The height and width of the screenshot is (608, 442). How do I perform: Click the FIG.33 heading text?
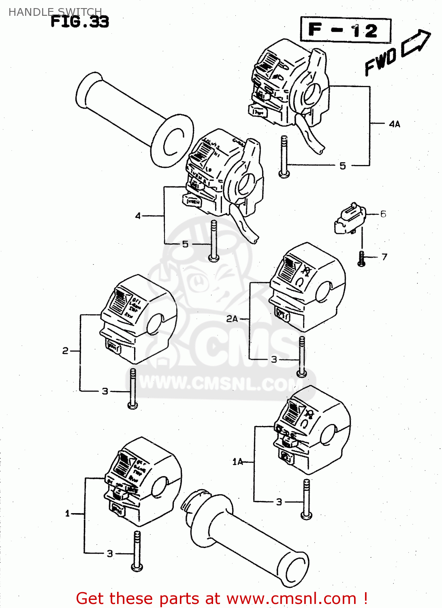(x=80, y=21)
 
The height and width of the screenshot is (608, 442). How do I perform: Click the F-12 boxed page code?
(x=345, y=30)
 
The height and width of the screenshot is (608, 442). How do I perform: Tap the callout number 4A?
(x=394, y=124)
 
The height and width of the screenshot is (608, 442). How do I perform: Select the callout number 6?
(x=383, y=214)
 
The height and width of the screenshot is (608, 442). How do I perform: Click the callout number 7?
(x=384, y=257)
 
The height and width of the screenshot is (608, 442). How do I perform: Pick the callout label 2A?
(x=232, y=319)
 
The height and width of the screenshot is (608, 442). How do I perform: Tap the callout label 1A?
(x=237, y=462)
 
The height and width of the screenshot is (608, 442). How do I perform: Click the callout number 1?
(x=68, y=514)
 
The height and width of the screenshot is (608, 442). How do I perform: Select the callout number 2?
(x=65, y=351)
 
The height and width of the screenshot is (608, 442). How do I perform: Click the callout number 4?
(x=138, y=216)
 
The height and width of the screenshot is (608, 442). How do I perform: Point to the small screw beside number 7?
(x=361, y=259)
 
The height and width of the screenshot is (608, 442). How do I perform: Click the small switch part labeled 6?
(x=349, y=219)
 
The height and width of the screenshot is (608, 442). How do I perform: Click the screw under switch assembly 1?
(x=137, y=551)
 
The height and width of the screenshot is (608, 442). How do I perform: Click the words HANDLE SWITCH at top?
(x=55, y=12)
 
